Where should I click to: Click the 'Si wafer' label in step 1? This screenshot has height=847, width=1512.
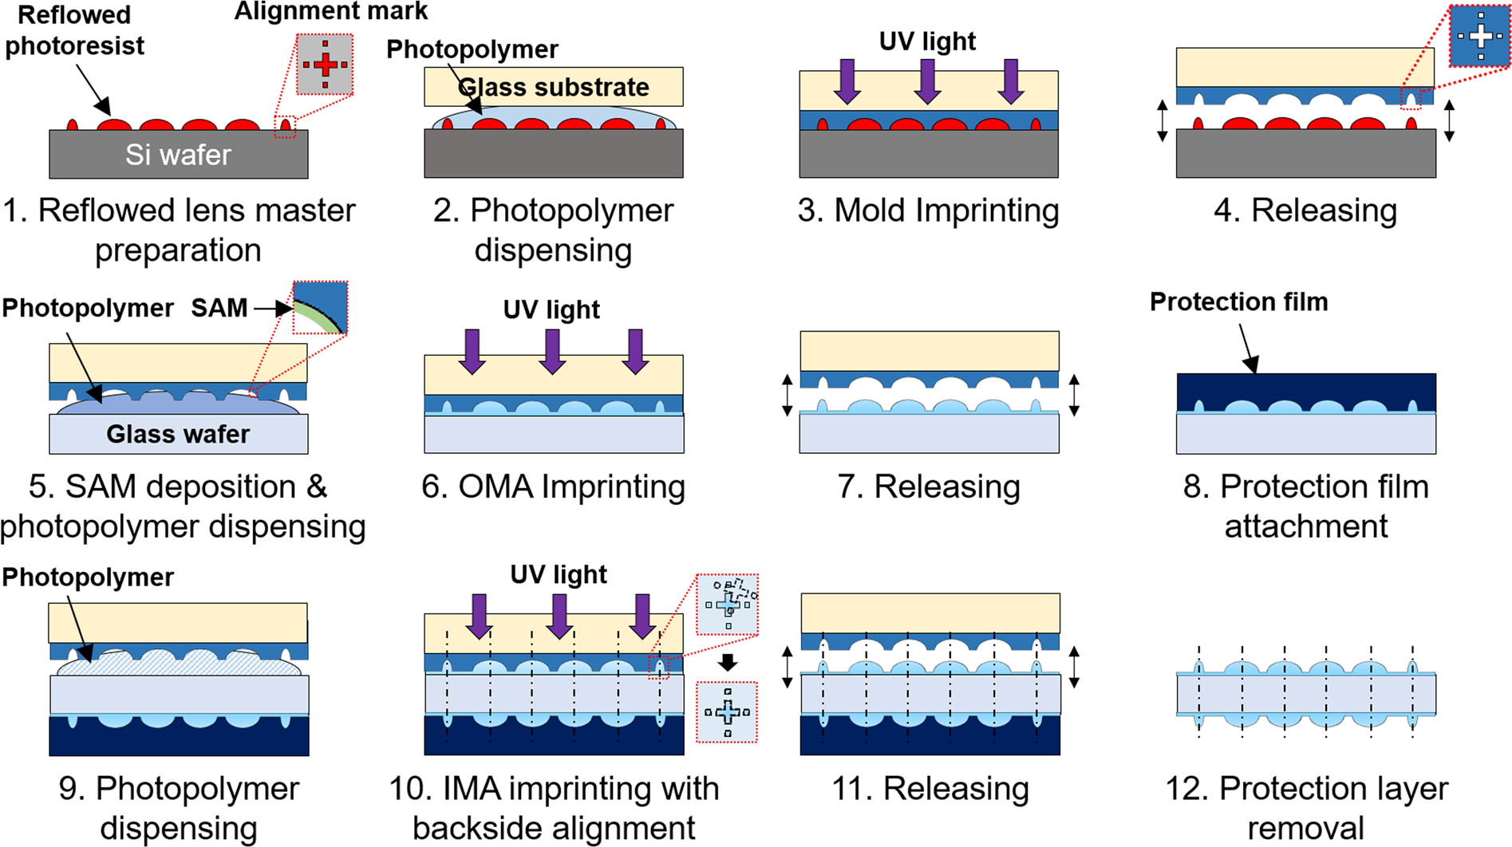coord(178,155)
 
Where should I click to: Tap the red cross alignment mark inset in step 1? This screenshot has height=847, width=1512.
coord(325,65)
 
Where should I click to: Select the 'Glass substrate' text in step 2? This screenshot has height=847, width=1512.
coord(554,87)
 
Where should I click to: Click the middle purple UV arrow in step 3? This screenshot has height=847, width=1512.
coord(927,81)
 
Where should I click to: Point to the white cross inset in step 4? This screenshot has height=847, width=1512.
coord(1480,36)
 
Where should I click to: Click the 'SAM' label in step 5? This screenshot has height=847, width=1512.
coord(219,308)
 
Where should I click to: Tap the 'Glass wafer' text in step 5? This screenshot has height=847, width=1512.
coord(178,434)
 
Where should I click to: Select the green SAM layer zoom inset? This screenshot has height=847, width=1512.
coord(320,307)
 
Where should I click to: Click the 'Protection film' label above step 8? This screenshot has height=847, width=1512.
coord(1238,301)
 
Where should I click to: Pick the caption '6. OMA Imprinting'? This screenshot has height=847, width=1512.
coord(553,487)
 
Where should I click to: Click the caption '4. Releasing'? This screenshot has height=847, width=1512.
coord(1305,211)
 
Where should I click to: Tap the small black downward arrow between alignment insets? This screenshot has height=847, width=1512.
coord(727,662)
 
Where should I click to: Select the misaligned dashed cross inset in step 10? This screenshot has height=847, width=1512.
coord(727,604)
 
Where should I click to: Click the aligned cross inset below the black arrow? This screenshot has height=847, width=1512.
coord(727,712)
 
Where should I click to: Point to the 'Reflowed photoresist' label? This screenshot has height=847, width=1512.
coord(74,30)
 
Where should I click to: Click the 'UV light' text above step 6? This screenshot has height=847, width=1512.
coord(551,309)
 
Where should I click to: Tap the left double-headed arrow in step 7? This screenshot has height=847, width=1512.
coord(788,395)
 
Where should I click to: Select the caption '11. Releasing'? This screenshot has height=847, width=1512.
coord(930,788)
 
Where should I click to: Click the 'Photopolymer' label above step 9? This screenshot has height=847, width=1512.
coord(88,577)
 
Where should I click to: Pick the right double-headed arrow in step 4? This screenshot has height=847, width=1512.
coord(1450,121)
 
